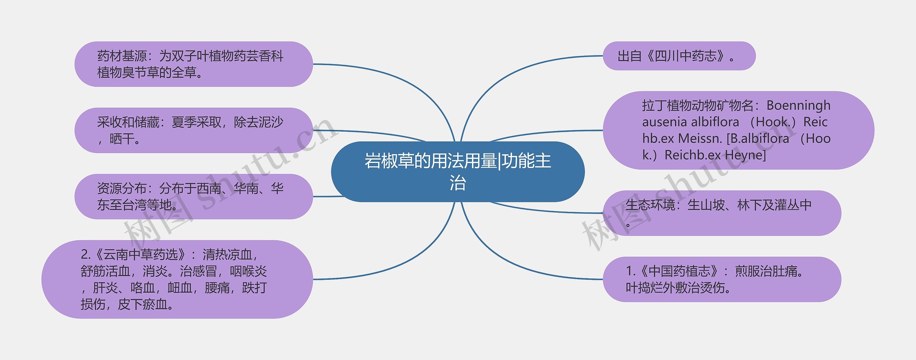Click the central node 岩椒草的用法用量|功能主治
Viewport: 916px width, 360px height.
click(x=458, y=171)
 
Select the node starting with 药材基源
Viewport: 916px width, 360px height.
click(x=194, y=64)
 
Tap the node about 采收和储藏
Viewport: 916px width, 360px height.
click(x=194, y=130)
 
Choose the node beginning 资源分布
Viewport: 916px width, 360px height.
click(x=194, y=196)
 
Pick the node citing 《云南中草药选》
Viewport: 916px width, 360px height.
click(x=177, y=279)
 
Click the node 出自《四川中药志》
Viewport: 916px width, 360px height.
click(x=679, y=56)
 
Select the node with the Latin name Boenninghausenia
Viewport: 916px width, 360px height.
click(x=738, y=130)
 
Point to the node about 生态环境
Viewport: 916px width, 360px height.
click(x=722, y=213)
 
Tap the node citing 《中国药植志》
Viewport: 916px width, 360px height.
click(x=722, y=279)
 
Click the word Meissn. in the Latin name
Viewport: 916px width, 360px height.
click(x=700, y=138)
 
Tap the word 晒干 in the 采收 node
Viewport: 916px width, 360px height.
click(x=122, y=139)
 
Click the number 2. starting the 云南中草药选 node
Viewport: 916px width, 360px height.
click(x=86, y=254)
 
